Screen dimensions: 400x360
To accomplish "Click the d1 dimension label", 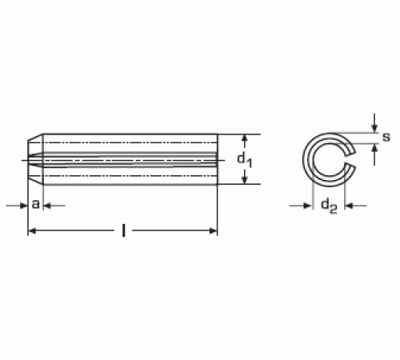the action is coord(245,161).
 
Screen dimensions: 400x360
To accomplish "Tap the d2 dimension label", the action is coord(329,206).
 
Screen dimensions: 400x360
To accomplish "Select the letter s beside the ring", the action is coord(386,137).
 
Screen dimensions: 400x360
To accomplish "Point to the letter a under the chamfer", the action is coord(36,204).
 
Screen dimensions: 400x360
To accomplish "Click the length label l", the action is coord(123,230).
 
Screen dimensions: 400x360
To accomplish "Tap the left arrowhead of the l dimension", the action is coord(32,231).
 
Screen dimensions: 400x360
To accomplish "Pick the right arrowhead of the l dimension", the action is coord(213,231).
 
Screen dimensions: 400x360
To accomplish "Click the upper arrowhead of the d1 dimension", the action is coord(245,138).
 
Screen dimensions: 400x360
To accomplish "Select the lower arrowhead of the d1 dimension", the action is coord(245,180).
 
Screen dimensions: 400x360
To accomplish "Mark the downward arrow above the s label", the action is coord(374,123).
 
